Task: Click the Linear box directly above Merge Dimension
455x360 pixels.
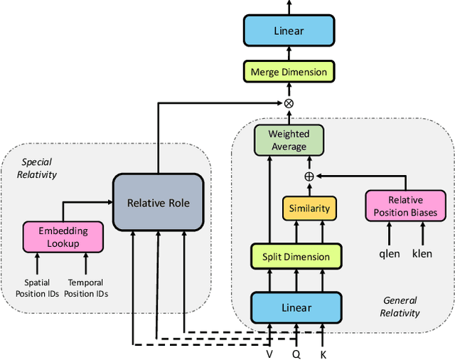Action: pos(289,31)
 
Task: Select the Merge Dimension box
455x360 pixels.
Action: pos(289,72)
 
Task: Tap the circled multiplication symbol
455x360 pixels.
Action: pos(289,104)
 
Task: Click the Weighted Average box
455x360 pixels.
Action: pos(289,140)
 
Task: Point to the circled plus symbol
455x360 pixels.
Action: pos(309,176)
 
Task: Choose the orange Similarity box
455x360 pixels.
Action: pos(309,208)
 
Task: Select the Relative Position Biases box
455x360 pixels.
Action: pos(404,205)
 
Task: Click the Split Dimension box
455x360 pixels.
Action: pos(296,256)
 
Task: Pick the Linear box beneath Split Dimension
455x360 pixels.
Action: pos(296,307)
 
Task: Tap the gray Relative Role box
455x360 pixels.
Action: pos(158,203)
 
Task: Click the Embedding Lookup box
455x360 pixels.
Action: pos(63,237)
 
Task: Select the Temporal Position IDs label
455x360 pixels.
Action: pos(86,287)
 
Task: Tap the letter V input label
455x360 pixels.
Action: pos(270,352)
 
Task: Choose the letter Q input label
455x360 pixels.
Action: pos(297,352)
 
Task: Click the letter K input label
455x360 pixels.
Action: pos(323,352)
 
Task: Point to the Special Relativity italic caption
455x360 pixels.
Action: pos(38,168)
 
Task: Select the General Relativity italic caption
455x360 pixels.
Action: pos(400,307)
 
